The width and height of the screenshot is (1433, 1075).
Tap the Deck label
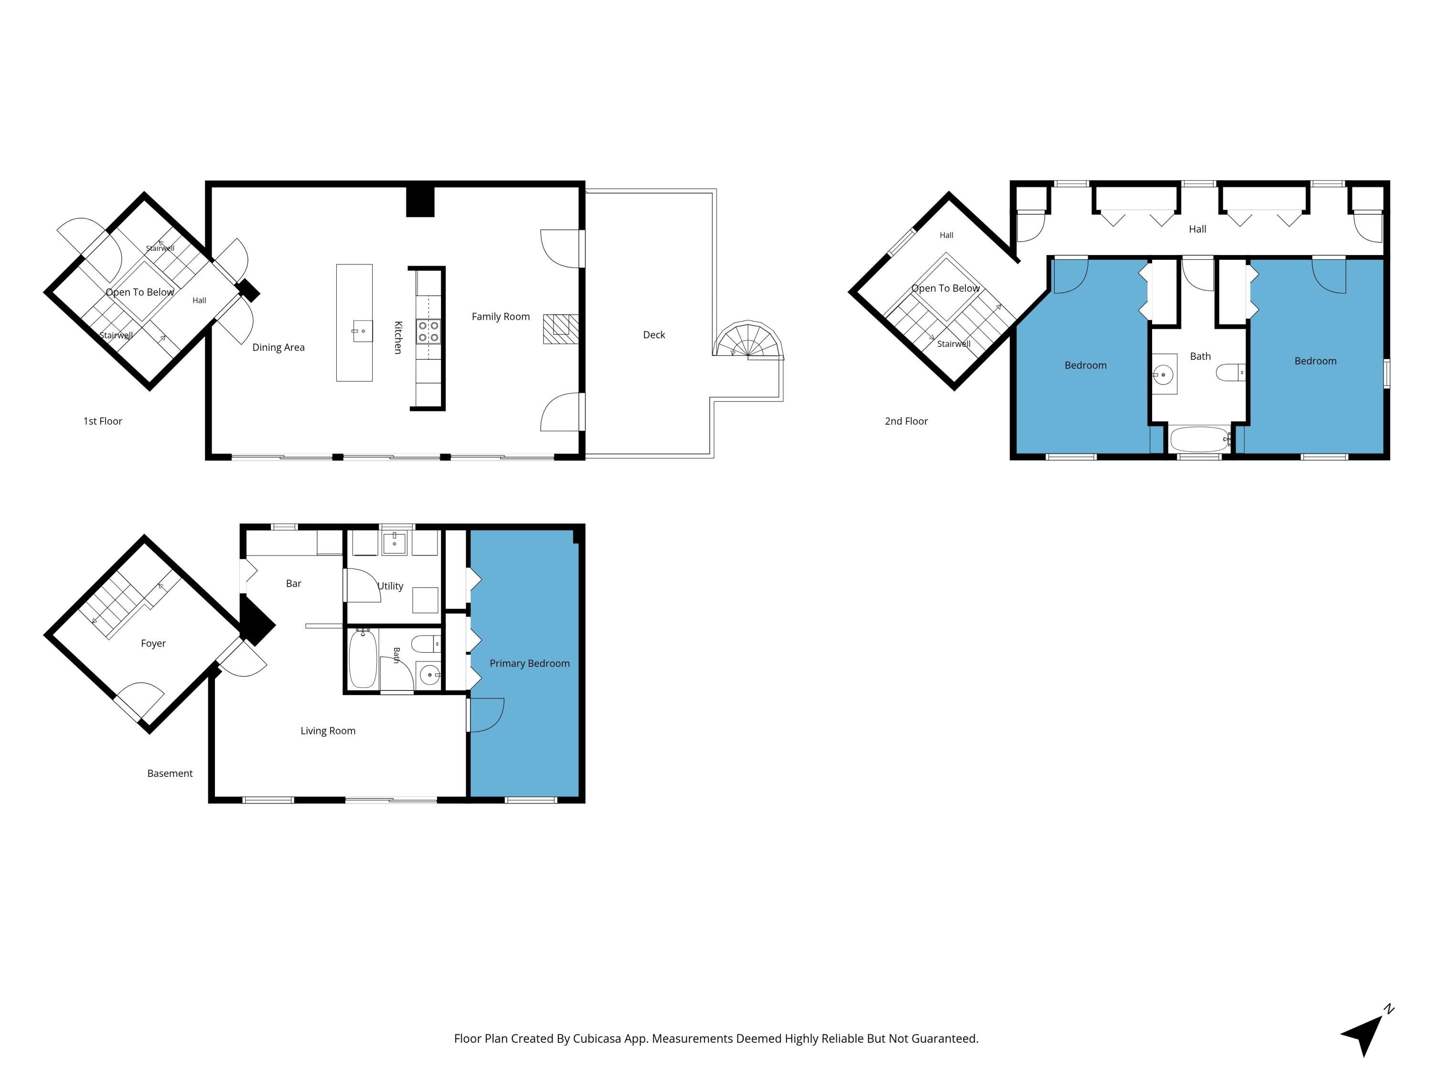point(653,334)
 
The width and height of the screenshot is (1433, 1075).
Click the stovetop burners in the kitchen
point(428,331)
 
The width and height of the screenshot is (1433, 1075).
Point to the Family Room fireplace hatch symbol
point(560,329)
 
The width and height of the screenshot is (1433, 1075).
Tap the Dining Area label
point(278,347)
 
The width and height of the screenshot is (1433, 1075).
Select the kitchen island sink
point(363,331)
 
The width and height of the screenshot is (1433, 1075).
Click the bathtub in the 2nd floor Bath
point(1199,440)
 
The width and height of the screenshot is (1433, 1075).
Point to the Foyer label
point(153,644)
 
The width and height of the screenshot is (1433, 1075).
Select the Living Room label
point(328,731)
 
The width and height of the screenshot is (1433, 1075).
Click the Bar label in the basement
point(293,583)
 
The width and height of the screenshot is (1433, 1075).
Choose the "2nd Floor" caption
point(906,421)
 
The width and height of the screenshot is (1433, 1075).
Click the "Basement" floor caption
point(170,773)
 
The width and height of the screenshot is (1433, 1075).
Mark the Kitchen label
point(398,338)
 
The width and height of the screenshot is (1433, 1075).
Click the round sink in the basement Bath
point(429,675)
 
